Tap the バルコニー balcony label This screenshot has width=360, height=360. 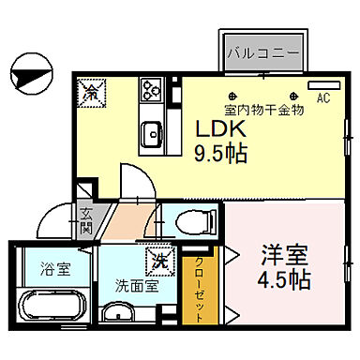[262, 52]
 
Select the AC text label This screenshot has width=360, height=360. [323, 97]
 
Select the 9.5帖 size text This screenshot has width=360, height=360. [221, 153]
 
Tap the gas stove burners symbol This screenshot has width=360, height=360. [151, 91]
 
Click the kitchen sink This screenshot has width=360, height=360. [150, 133]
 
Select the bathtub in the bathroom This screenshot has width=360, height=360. [52, 305]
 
